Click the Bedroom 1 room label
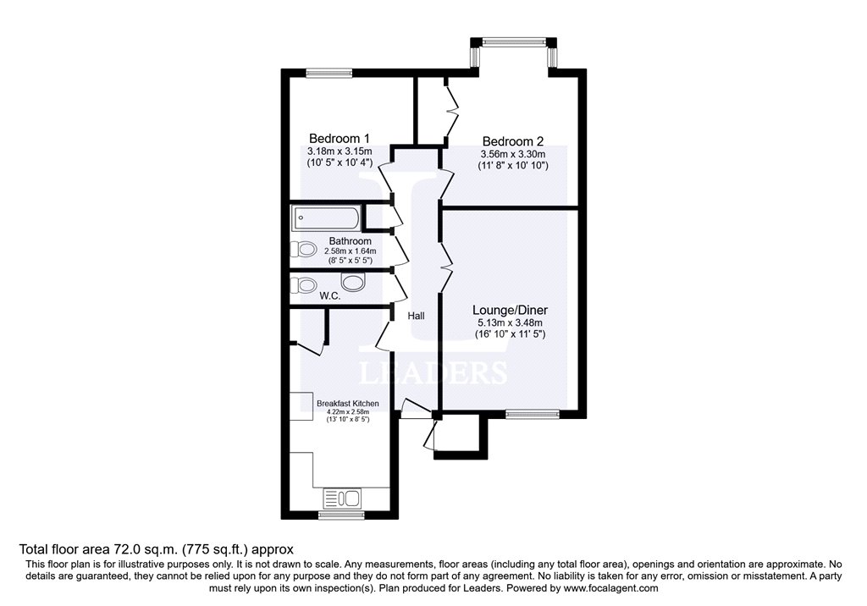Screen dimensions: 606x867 (x=339, y=139)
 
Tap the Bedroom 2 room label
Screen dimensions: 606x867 (x=512, y=141)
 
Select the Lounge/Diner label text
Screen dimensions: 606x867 (x=507, y=310)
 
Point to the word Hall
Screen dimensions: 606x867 (x=416, y=316)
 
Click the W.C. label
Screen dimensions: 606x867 (x=329, y=296)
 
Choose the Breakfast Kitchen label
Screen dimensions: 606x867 (x=347, y=404)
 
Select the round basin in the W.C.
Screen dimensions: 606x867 (x=352, y=283)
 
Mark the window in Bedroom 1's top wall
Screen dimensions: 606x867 (x=329, y=74)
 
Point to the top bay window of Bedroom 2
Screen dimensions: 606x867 (x=513, y=39)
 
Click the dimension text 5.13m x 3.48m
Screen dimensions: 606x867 (x=507, y=322)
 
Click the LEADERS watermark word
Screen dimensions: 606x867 (x=433, y=373)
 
